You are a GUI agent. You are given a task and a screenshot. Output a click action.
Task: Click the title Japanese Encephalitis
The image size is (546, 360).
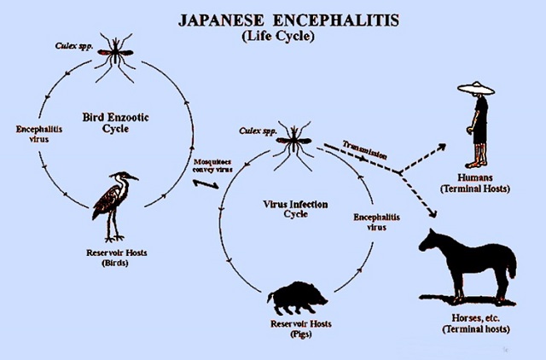click(288, 20)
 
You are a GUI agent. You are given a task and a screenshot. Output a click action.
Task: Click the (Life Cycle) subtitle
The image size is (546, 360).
click(278, 36)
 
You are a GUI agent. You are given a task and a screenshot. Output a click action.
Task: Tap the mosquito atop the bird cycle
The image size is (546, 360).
click(115, 56)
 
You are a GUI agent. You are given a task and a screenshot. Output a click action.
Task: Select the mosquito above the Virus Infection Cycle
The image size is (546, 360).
click(293, 145)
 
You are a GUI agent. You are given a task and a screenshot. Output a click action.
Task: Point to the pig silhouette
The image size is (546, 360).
click(297, 299)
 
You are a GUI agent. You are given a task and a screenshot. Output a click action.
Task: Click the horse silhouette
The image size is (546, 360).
click(468, 267)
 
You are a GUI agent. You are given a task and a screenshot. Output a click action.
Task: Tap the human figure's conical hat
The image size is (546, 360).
click(476, 89)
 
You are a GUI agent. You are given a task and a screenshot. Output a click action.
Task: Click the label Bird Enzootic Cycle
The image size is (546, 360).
click(116, 123)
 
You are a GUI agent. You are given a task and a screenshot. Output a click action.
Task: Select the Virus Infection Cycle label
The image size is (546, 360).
click(295, 209)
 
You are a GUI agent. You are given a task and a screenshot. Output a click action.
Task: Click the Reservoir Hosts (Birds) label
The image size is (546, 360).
click(116, 258)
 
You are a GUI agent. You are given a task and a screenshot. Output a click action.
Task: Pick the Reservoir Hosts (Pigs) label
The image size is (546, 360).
click(301, 328)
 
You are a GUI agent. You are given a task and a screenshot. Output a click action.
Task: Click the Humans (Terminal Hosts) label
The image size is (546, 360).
click(475, 183)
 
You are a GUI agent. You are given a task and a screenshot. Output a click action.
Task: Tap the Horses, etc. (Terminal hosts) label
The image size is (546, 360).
click(476, 323)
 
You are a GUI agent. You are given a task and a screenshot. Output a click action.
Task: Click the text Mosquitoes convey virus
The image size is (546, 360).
click(212, 165)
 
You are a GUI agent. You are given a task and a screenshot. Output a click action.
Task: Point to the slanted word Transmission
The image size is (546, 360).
click(364, 149)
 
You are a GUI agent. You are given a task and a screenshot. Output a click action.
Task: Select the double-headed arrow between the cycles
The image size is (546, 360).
click(206, 183)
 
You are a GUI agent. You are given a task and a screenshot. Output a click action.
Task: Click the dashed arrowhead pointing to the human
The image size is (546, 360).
click(442, 148)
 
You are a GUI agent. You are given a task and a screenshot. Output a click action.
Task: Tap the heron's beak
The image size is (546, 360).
click(133, 177)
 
